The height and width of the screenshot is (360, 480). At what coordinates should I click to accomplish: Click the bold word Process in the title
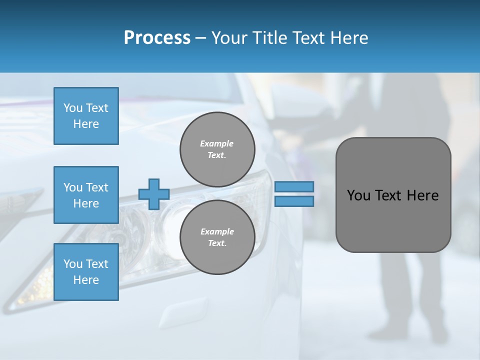click(x=157, y=38)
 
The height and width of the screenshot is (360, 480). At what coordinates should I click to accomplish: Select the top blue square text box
click(x=86, y=116)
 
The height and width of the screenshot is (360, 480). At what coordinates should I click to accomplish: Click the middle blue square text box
click(x=86, y=195)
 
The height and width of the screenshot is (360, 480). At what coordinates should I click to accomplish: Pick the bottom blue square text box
click(x=86, y=272)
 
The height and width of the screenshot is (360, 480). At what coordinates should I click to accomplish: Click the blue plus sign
click(x=154, y=194)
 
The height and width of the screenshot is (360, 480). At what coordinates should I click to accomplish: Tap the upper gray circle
click(x=217, y=149)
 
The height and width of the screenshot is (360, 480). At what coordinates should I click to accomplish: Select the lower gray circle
click(x=217, y=237)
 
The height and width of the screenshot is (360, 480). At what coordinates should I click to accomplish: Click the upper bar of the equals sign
click(x=294, y=187)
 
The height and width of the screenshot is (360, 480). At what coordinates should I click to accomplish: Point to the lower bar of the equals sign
click(x=294, y=201)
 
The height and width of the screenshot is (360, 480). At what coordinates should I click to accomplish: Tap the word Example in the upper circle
click(x=217, y=143)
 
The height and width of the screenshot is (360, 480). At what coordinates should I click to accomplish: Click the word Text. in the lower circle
click(x=217, y=243)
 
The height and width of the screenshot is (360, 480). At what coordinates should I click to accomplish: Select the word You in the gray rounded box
click(x=358, y=195)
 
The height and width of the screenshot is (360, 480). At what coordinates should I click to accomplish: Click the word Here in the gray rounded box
click(x=422, y=195)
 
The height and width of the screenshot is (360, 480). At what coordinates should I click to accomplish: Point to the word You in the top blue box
click(x=73, y=108)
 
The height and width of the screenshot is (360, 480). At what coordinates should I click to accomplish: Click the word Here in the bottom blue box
click(x=86, y=280)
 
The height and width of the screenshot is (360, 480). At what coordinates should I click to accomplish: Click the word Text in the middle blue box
click(x=97, y=187)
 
